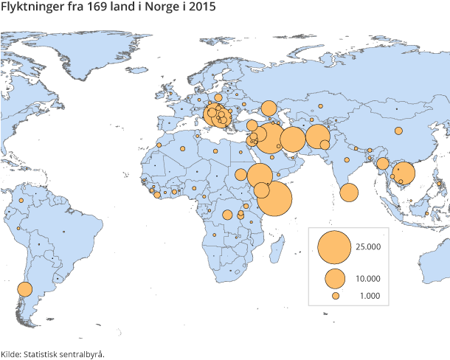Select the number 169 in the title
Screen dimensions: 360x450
(x=97, y=8)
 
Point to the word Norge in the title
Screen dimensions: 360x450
(x=156, y=8)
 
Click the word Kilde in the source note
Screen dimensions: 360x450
(x=10, y=354)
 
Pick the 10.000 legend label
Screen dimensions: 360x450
(x=367, y=279)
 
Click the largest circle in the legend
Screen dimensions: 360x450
(x=333, y=247)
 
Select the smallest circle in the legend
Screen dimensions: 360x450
(x=335, y=296)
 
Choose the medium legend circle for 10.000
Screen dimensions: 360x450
(x=335, y=279)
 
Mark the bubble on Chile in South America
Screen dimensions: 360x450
(x=24, y=289)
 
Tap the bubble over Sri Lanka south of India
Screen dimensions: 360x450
(x=349, y=193)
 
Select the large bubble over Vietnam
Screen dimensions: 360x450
(x=404, y=174)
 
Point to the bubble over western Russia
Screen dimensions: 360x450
(x=269, y=108)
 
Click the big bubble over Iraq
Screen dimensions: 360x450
(x=271, y=138)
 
